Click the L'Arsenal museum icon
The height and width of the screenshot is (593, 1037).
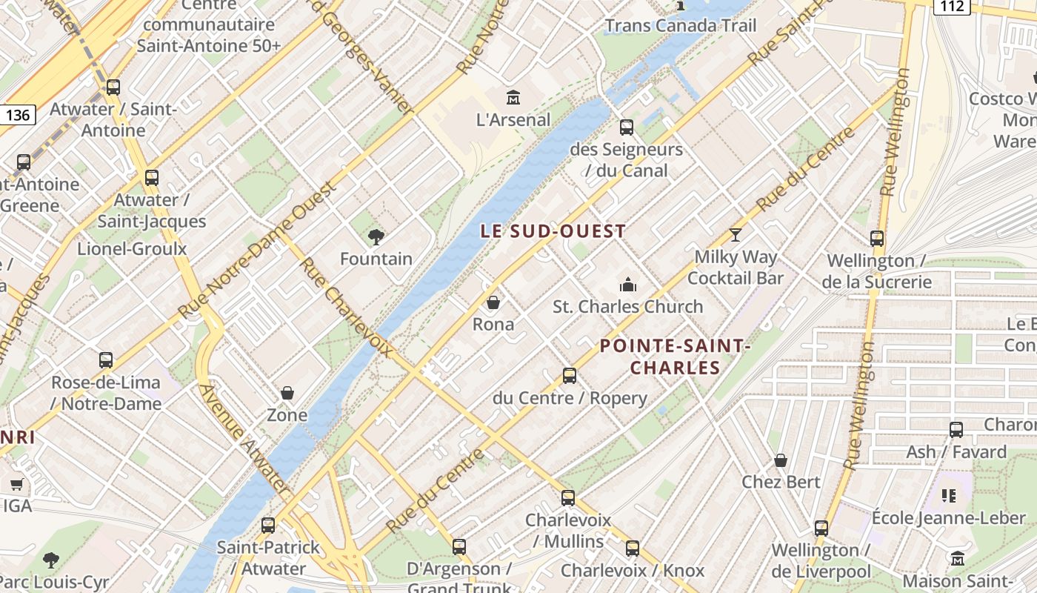pyautogui.click(x=513, y=97)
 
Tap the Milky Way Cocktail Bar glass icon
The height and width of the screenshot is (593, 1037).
pyautogui.click(x=735, y=235)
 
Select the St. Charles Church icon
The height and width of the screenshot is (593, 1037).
pyautogui.click(x=628, y=285)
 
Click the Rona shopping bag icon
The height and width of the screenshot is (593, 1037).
pyautogui.click(x=493, y=302)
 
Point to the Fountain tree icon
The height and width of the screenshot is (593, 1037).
pyautogui.click(x=376, y=237)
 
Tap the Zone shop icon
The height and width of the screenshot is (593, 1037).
pyautogui.click(x=287, y=393)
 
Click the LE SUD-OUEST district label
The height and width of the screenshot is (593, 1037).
pyautogui.click(x=553, y=231)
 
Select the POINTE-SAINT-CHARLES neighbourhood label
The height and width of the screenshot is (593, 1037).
pyautogui.click(x=675, y=357)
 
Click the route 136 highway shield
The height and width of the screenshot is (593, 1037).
pyautogui.click(x=17, y=115)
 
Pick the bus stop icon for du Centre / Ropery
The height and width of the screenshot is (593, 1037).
pyautogui.click(x=569, y=376)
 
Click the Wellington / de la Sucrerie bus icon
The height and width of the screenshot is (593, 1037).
pyautogui.click(x=877, y=239)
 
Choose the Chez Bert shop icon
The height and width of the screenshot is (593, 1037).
pyautogui.click(x=781, y=460)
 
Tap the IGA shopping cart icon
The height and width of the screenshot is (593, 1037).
pyautogui.click(x=17, y=484)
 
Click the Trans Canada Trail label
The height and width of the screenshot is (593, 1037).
pyautogui.click(x=681, y=26)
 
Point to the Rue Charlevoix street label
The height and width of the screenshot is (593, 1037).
pyautogui.click(x=345, y=307)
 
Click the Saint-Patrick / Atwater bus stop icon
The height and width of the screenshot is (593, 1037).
pyautogui.click(x=268, y=525)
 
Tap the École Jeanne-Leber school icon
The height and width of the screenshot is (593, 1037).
pyautogui.click(x=948, y=495)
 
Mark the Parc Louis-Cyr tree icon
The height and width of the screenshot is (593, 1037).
pyautogui.click(x=51, y=560)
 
